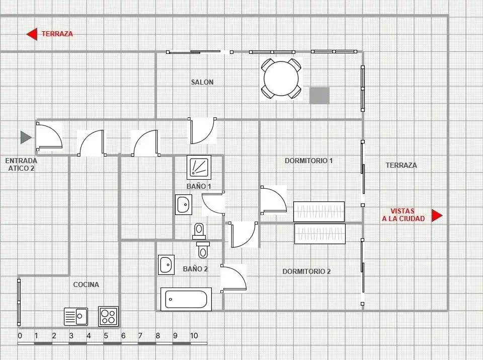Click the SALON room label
point(202,82)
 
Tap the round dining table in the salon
point(281,78)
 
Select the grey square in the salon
point(319,96)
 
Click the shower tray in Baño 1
point(199,167)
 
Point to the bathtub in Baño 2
point(186,299)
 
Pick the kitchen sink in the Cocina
point(76,317)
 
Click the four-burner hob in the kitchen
point(109,316)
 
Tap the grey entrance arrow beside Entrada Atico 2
point(26,137)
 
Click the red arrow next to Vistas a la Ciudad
point(437,215)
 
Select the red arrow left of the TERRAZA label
point(32,34)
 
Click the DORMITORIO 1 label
point(308,161)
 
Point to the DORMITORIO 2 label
point(306,271)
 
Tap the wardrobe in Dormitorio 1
point(319,212)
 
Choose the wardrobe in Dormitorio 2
point(320,234)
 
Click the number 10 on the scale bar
point(194,336)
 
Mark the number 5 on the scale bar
point(106,336)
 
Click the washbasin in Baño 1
point(184,204)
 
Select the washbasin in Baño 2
point(167,265)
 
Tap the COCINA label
point(86,284)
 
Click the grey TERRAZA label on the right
point(401,165)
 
